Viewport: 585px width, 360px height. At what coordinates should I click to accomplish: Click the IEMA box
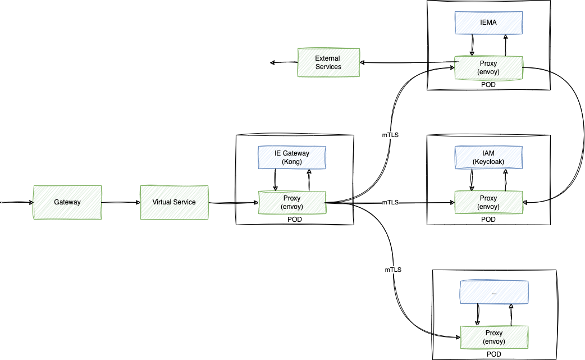tap(488, 22)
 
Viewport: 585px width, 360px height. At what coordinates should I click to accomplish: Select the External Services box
tap(328, 62)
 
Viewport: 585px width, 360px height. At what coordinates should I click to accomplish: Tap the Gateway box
tap(67, 202)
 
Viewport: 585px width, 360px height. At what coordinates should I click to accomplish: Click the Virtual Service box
tap(174, 202)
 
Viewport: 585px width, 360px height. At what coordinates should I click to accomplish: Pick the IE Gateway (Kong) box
tap(292, 157)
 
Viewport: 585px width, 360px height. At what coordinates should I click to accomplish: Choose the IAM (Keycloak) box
tap(488, 157)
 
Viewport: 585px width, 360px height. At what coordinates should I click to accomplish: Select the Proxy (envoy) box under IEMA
tap(488, 67)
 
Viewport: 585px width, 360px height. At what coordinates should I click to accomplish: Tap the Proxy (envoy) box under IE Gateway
tap(292, 202)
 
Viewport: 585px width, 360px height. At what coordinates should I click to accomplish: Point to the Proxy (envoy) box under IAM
tap(488, 202)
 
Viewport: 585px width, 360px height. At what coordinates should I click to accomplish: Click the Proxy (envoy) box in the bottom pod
tap(494, 337)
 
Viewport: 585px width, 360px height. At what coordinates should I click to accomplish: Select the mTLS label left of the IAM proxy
tap(390, 202)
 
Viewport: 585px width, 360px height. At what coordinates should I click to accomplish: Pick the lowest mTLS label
tap(393, 270)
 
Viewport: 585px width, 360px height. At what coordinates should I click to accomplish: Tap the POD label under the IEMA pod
tap(488, 84)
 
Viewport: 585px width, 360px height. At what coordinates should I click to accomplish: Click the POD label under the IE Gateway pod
tap(294, 220)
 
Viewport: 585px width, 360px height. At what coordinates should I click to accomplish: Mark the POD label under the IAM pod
tap(488, 220)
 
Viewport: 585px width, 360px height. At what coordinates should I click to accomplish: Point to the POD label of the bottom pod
tap(494, 354)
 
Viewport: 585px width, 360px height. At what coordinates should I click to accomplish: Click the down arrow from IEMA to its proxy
tap(473, 44)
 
